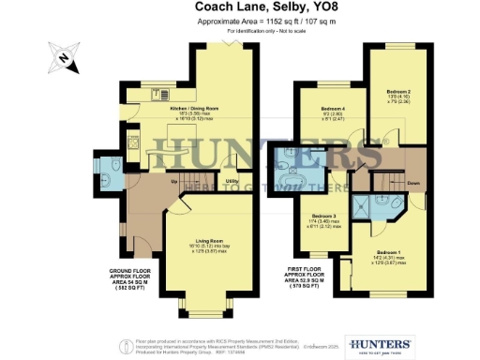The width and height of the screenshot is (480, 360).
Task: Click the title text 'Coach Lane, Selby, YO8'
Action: point(240,7)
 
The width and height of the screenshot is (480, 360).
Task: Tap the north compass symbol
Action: point(61,58)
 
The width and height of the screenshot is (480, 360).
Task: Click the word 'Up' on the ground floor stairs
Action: point(174,180)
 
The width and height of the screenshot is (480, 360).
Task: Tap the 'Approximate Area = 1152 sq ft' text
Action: point(240,22)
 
